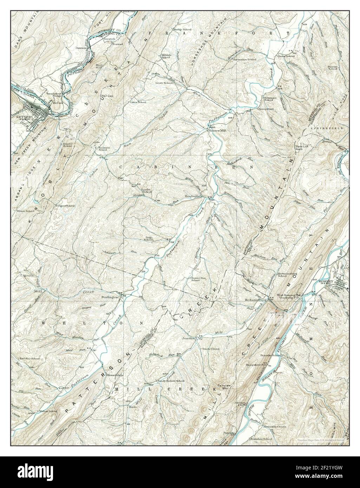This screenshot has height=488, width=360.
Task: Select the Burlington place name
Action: pos(108,297)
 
